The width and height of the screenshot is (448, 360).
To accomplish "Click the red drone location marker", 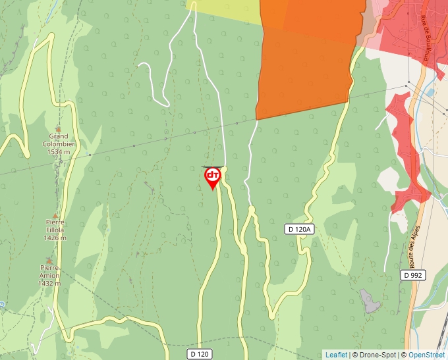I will coord(212,177).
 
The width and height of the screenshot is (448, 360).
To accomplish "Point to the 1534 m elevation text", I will coord(59,152).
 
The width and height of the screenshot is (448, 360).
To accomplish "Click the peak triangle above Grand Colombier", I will coord(59,129).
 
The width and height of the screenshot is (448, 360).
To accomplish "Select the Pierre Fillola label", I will coord(54,226).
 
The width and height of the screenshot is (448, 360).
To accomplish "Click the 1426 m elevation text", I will coord(54,238).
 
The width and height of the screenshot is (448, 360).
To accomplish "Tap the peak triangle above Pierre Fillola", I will coord(55,215).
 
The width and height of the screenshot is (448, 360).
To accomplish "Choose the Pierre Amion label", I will coord(49,272).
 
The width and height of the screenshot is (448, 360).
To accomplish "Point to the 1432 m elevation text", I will coord(49,284).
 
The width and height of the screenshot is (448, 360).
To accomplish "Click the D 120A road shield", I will coord(300,229).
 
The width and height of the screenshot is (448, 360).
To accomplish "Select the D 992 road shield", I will coord(413,274).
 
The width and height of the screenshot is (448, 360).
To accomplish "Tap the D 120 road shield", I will coord(200,354).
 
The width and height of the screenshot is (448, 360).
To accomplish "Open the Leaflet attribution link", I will coord(336,355).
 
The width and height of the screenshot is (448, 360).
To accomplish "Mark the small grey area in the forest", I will coord(370,301).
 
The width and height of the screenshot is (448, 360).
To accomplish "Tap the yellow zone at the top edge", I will coord(227,11).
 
